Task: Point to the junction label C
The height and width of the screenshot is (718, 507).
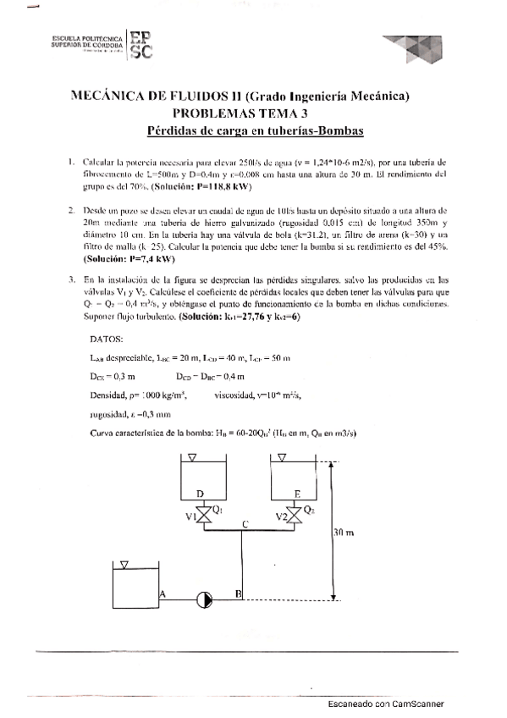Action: coord(245,524)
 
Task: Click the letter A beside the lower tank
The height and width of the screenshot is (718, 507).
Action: coord(161,594)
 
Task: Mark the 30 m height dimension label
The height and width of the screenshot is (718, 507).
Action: coord(343,535)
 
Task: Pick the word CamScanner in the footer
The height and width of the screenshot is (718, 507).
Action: coord(418,704)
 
